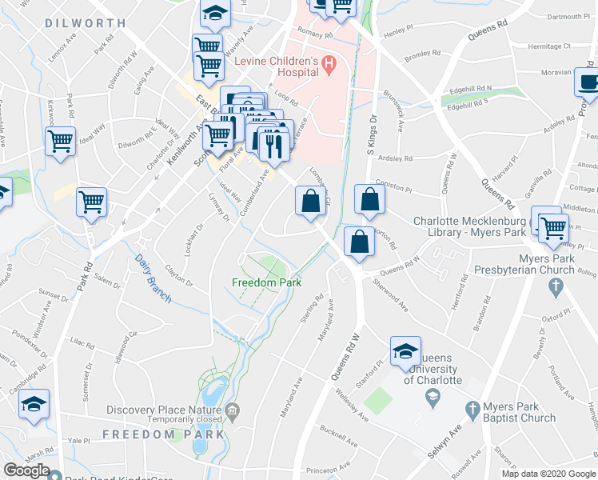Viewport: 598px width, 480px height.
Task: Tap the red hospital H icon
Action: (329, 62)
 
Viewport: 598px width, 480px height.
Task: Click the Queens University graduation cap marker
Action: (405, 350)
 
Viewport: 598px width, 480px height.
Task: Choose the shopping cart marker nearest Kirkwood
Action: (60, 142)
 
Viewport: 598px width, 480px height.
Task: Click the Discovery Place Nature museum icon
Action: (233, 411)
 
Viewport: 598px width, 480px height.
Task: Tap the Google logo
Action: (26, 470)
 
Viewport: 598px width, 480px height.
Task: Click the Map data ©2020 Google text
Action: (548, 474)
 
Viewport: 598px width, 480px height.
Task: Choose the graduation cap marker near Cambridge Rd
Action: (34, 402)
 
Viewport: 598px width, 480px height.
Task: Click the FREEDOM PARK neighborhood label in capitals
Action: (163, 434)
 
